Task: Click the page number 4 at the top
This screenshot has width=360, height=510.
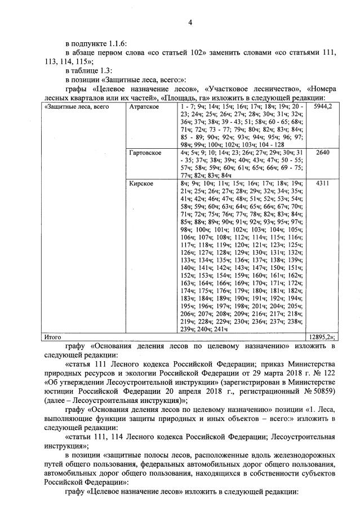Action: coord(190,22)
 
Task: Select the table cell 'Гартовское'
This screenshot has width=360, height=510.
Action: coord(146,153)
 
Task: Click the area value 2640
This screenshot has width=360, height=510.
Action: coord(323,153)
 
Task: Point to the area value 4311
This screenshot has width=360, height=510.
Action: coord(323,184)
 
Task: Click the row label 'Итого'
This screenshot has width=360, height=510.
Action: coord(53,337)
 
